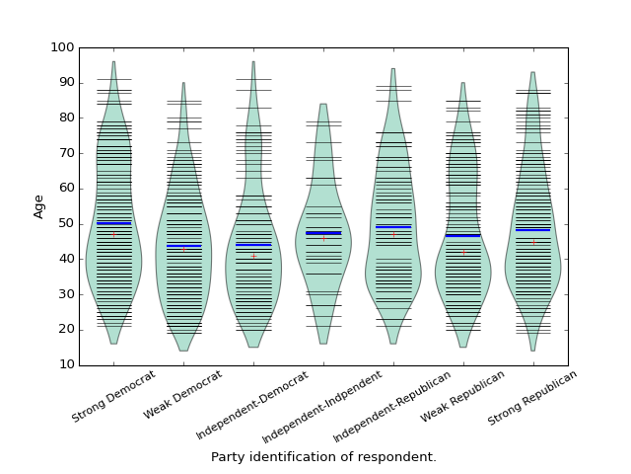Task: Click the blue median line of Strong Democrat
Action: [113, 223]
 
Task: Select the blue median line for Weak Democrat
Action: [183, 245]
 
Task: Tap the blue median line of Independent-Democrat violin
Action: [253, 245]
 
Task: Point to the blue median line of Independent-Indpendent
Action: [323, 233]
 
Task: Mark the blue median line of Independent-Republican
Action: [393, 227]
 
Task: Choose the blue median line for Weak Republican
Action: [463, 235]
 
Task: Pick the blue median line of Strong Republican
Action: [533, 230]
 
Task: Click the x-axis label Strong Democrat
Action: [114, 397]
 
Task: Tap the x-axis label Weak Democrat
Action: [183, 395]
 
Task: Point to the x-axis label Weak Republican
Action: [463, 397]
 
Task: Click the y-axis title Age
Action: [39, 205]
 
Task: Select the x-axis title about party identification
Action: [323, 457]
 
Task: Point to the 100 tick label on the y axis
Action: [62, 47]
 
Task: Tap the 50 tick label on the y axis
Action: [65, 224]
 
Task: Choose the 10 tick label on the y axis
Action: [65, 365]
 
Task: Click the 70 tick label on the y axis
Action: [65, 153]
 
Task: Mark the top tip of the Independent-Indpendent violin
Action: [323, 105]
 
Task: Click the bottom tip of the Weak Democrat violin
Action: [183, 351]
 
